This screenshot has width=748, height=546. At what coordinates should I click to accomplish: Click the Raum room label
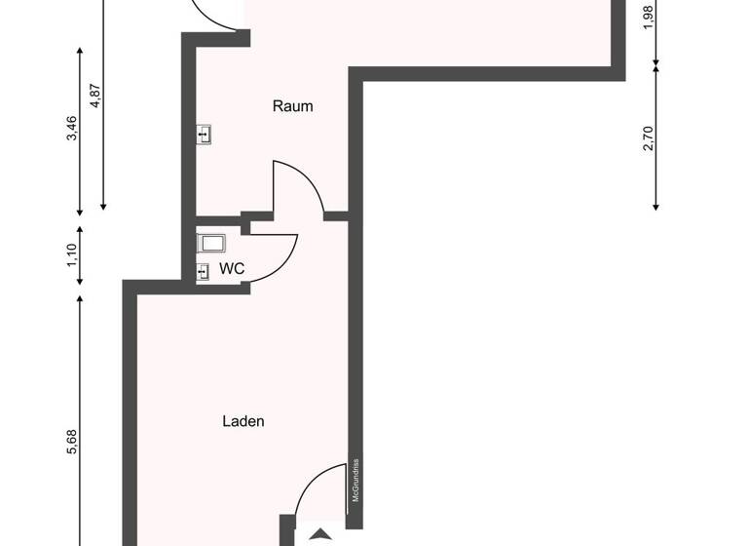(x=292, y=106)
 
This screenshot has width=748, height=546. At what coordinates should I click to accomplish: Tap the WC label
(x=232, y=268)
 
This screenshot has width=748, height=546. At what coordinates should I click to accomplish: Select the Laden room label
(x=243, y=422)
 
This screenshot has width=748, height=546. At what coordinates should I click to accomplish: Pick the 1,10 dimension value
(x=71, y=256)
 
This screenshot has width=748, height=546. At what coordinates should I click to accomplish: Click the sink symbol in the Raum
(x=205, y=135)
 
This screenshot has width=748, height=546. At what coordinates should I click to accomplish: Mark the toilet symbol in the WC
(x=210, y=242)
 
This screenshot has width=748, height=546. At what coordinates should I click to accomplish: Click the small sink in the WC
(x=203, y=270)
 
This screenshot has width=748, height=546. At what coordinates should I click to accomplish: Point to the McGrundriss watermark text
(x=356, y=480)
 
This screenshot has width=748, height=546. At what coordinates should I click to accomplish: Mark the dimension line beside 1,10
(x=80, y=256)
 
